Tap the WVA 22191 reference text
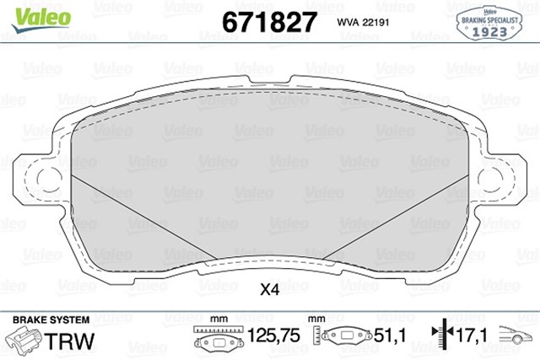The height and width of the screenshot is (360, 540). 368,21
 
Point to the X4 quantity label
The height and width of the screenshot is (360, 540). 269,289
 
